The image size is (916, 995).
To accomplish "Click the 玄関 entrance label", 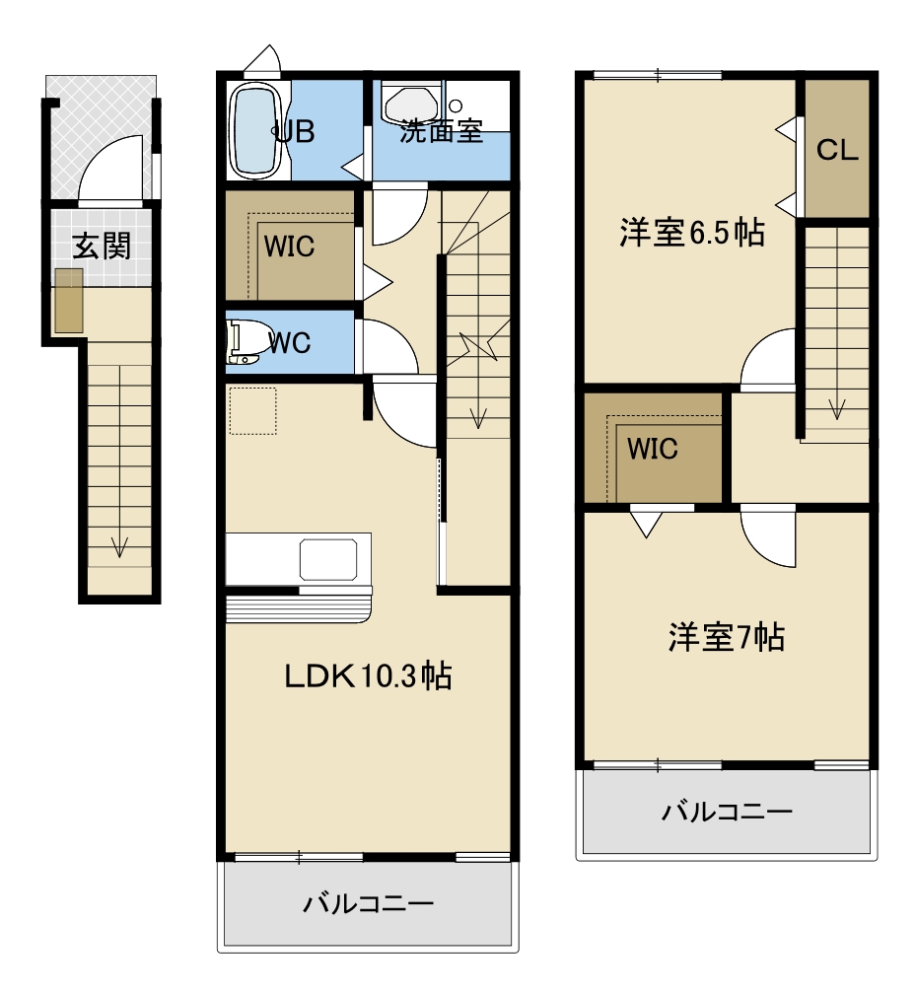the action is click(102, 247).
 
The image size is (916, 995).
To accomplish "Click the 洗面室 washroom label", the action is click(442, 131).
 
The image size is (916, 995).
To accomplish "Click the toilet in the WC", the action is click(243, 342).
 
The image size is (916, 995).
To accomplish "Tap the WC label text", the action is click(289, 343).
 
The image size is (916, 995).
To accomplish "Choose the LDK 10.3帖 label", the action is click(368, 675).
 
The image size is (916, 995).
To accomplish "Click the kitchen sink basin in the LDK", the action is click(328, 560).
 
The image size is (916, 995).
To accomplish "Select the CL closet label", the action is click(837, 150).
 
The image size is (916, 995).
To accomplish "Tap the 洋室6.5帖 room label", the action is click(692, 233).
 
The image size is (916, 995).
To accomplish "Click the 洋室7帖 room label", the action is click(727, 637).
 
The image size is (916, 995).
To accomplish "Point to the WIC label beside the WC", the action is click(289, 247).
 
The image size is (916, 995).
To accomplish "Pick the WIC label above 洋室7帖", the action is click(652, 449).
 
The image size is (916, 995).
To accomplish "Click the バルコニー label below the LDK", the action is click(368, 903).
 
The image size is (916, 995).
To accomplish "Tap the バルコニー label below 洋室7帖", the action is click(727, 812).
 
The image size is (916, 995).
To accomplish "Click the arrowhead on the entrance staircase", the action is click(119, 547).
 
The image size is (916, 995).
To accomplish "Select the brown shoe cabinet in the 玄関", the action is click(68, 300).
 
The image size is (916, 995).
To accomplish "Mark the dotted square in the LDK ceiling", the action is click(252, 411).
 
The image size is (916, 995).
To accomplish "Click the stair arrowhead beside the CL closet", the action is click(837, 409).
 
